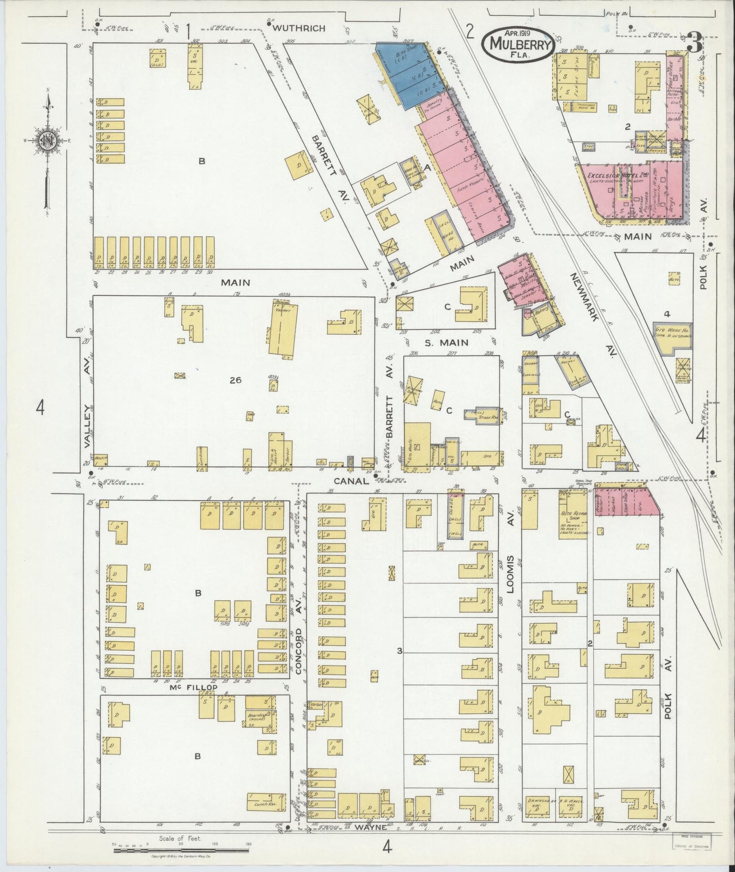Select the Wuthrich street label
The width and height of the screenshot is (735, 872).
(299, 28)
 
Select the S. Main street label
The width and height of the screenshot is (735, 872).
(446, 343)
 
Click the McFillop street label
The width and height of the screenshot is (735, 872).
(193, 687)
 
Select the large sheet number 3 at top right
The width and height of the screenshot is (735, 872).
(694, 43)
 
